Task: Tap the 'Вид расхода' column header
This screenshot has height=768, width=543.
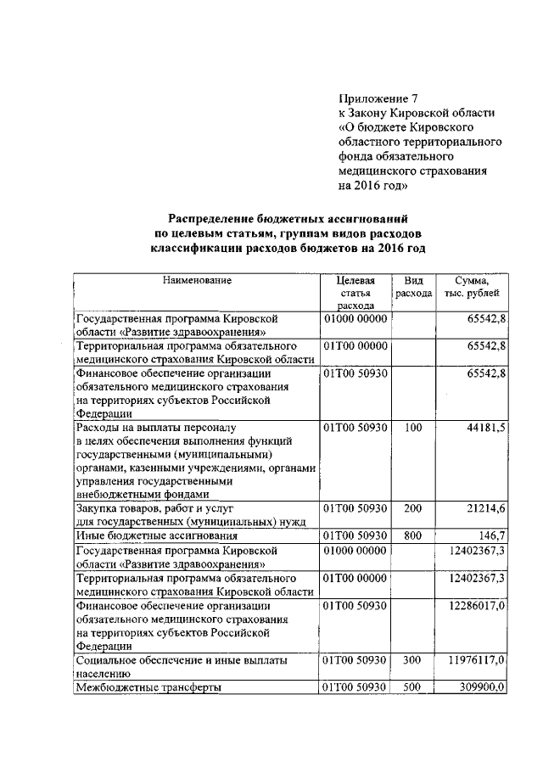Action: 413,286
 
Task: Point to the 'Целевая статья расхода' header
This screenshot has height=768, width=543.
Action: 355,293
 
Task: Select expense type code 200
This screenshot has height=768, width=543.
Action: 413,509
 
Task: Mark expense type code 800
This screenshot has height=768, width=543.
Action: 413,536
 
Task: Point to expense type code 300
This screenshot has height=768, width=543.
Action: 413,659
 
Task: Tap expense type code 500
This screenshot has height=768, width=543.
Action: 413,687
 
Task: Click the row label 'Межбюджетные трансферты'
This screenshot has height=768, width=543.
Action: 148,687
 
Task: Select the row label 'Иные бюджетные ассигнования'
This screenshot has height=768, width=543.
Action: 156,537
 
